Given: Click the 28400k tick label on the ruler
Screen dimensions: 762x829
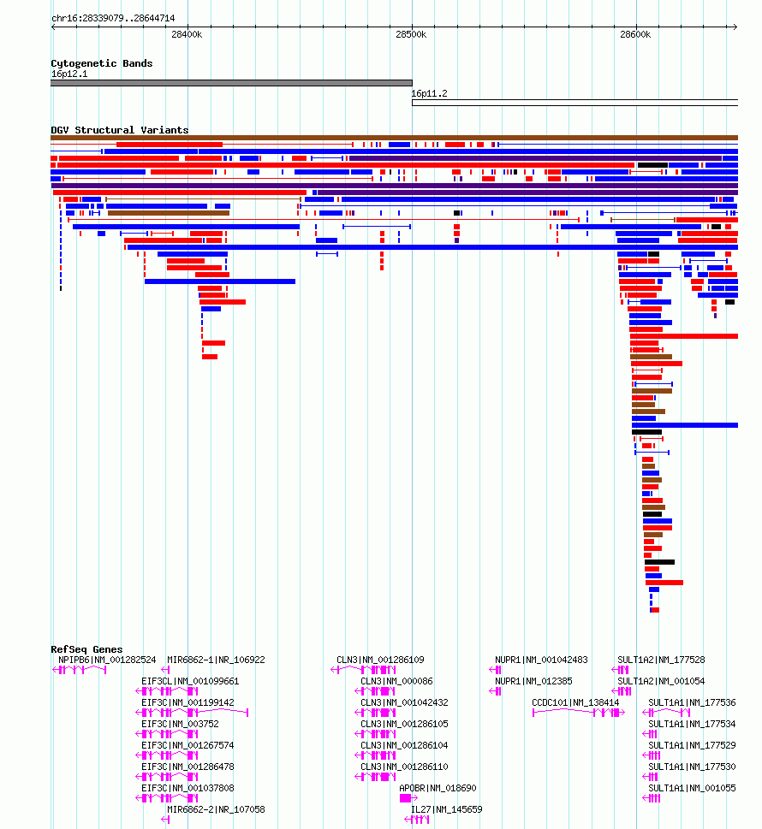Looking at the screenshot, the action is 187,34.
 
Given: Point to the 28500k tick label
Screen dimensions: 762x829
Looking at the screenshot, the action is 411,34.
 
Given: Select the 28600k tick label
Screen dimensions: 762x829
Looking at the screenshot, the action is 635,34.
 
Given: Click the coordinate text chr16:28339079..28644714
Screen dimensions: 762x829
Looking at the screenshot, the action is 113,18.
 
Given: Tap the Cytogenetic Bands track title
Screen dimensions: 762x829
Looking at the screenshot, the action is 102,63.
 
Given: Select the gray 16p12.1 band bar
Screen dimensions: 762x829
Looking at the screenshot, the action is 231,83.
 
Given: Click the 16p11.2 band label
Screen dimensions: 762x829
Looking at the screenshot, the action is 429,93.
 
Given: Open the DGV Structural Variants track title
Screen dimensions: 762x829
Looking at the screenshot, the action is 120,130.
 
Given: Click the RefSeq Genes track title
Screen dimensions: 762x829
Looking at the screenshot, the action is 86,649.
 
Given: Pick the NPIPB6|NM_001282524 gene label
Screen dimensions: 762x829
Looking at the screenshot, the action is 107,660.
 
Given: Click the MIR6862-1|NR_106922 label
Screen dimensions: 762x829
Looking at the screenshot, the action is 216,660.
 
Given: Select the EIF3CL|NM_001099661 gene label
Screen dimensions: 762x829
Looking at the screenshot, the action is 190,681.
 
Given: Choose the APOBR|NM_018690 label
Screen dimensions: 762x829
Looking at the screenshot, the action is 438,788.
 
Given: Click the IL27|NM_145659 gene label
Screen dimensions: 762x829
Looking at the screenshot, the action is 447,809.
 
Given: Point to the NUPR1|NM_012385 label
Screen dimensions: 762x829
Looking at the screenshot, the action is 533,681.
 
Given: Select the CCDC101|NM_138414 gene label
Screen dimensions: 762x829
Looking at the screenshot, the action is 575,702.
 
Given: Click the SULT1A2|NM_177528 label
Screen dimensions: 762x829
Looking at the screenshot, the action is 661,660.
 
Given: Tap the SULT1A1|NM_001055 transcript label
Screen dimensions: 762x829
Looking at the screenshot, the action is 692,788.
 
